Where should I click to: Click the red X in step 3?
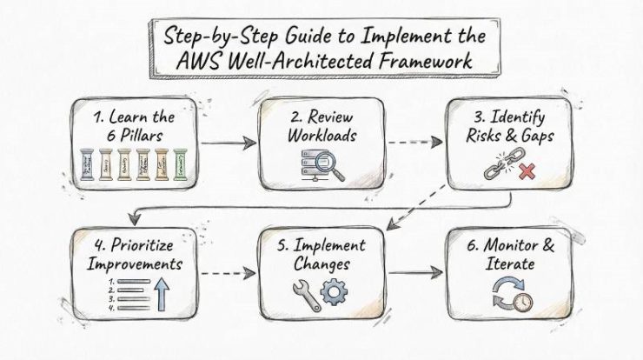524,173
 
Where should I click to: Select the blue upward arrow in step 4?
162,292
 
